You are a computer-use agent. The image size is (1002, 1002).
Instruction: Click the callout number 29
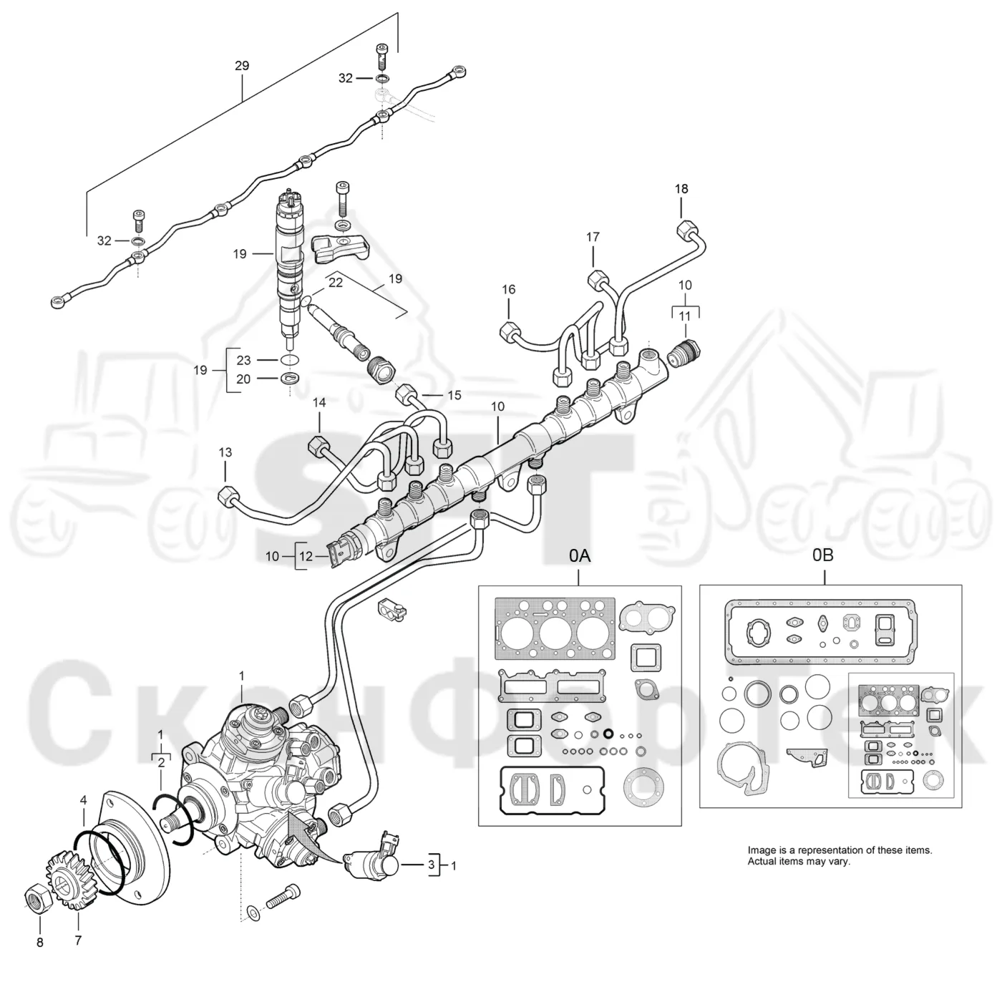click(x=242, y=66)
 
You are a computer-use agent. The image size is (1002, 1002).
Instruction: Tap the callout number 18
click(x=681, y=189)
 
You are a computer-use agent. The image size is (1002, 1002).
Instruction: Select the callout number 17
click(x=593, y=237)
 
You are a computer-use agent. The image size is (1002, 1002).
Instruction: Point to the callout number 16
click(x=509, y=289)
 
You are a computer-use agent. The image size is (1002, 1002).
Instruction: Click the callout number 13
click(x=225, y=452)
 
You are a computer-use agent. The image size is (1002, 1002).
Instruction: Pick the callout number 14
click(x=319, y=402)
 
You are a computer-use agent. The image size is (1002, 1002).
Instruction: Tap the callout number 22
click(x=336, y=282)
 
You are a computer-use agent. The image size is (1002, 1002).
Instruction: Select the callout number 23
click(x=244, y=360)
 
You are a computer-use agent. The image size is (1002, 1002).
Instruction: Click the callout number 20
click(x=244, y=379)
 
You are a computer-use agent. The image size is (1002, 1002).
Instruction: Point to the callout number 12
click(x=306, y=557)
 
